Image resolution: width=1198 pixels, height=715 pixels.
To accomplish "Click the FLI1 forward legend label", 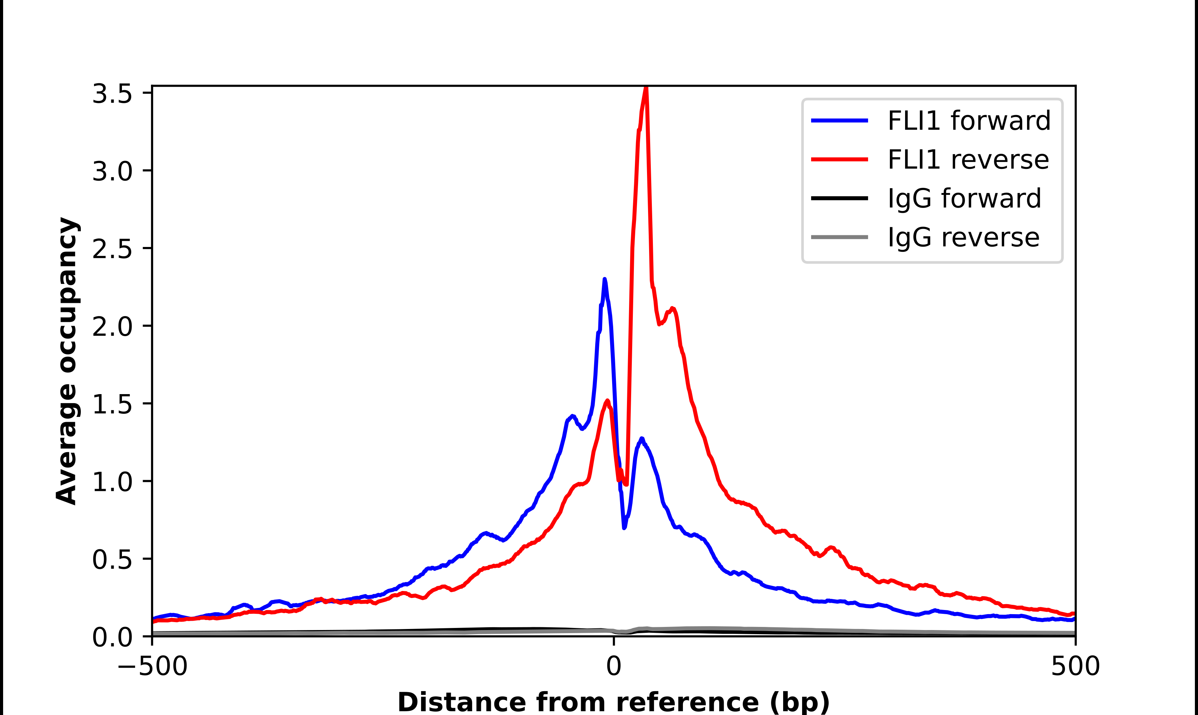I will [x=969, y=121].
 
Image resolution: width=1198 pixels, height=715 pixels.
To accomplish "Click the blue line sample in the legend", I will [x=840, y=121].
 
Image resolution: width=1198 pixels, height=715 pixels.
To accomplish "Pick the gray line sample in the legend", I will [x=840, y=237].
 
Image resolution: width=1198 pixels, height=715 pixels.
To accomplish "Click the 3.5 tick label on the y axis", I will [x=112, y=94].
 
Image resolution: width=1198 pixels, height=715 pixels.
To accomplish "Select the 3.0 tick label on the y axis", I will [x=112, y=171].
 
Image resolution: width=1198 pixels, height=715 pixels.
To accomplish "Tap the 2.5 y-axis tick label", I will [x=112, y=249].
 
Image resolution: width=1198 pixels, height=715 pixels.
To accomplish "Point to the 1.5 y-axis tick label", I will [x=112, y=404].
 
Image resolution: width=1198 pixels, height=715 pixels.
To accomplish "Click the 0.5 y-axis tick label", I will [x=112, y=559].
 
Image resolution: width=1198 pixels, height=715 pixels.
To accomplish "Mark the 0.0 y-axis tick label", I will [x=112, y=637].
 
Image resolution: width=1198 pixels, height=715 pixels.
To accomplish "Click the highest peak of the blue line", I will [x=605, y=279].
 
